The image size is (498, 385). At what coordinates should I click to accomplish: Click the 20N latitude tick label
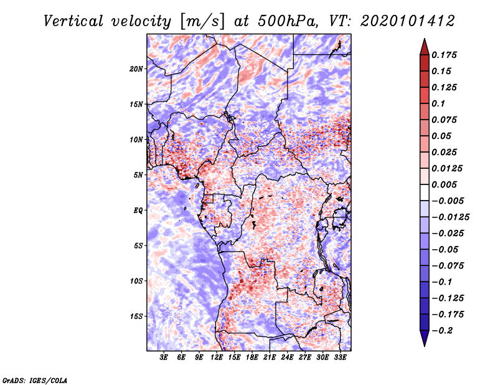click(136, 69)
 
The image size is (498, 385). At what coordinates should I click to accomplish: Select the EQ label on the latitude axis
click(138, 210)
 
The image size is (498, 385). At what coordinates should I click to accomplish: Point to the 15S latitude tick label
click(136, 316)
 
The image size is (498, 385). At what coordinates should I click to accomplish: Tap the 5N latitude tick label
click(138, 175)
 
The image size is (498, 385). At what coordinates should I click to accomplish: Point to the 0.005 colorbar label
click(445, 184)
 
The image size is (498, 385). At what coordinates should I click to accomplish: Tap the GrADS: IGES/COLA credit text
click(34, 379)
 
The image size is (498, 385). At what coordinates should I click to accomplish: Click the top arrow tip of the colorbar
click(423, 40)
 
